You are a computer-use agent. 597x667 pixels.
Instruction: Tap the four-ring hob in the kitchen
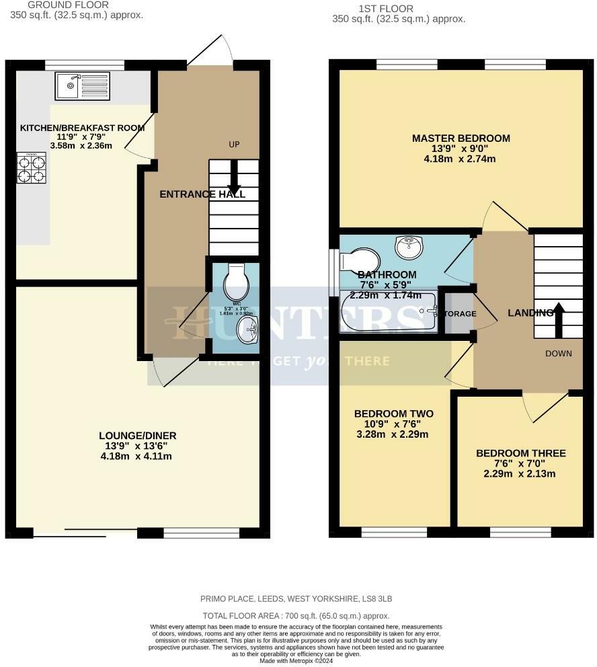31,168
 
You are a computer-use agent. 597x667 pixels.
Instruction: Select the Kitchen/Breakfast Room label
83,128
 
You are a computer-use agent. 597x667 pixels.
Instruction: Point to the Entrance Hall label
202,194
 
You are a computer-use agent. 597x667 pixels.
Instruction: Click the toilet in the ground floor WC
237,283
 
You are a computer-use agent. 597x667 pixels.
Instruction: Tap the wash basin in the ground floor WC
246,330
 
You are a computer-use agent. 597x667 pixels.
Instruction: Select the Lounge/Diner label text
138,436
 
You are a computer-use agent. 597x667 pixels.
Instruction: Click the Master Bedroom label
461,139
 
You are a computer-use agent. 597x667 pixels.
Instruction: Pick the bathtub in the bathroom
389,311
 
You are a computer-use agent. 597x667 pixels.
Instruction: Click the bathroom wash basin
409,247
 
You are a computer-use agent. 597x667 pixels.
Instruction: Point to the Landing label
530,313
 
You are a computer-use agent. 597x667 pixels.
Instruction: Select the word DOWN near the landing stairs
558,354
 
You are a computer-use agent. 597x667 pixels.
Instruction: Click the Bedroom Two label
393,414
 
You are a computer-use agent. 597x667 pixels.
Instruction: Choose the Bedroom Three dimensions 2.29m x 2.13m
520,473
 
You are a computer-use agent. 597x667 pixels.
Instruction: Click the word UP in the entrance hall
234,145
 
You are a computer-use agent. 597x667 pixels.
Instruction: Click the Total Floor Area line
296,616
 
